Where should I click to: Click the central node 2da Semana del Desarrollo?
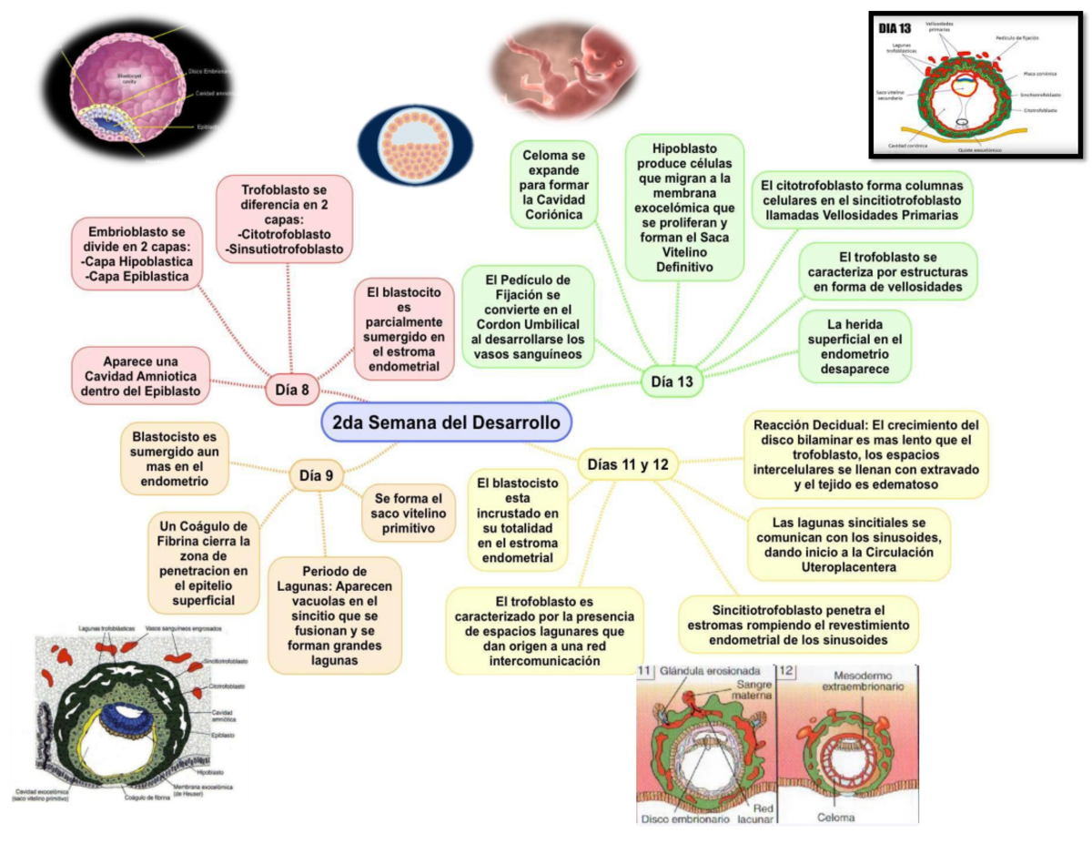pos(447,422)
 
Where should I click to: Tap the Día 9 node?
pos(316,474)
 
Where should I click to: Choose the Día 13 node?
pos(672,381)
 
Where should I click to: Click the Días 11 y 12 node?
pos(628,464)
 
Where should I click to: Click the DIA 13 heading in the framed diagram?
pos(894,29)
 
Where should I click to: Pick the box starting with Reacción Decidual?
pos(865,454)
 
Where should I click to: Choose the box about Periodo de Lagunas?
pos(334,615)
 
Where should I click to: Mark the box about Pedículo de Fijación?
pos(528,315)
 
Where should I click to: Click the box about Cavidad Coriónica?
pos(554,186)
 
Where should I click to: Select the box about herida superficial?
pos(855,345)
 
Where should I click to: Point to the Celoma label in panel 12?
pos(835,818)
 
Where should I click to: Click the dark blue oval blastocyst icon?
pos(414,139)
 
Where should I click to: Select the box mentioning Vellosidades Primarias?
pos(862,198)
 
